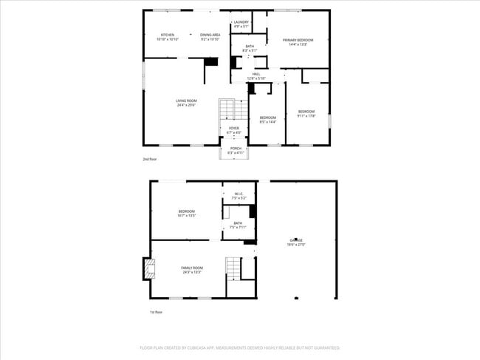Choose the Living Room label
(x=186, y=103)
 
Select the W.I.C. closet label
(x=239, y=197)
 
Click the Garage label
(x=296, y=242)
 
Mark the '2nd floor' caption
(x=150, y=159)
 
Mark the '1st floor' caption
(x=156, y=312)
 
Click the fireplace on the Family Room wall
(x=148, y=268)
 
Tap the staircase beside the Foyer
(x=227, y=111)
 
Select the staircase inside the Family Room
(x=233, y=268)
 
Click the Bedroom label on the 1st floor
(x=186, y=214)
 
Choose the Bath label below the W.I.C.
(x=238, y=225)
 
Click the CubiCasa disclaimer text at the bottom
(x=240, y=347)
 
